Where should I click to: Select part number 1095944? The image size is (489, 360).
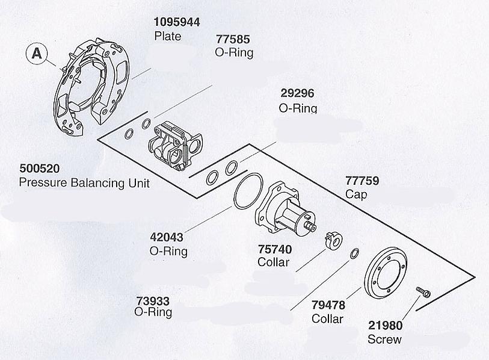[x=177, y=22]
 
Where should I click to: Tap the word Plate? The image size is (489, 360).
[x=168, y=36]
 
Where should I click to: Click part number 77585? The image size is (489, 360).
[x=234, y=40]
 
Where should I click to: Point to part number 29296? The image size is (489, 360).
[x=297, y=94]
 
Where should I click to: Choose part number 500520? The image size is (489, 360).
[x=40, y=169]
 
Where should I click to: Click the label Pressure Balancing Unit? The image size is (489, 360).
[x=84, y=182]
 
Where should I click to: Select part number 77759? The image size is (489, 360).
[x=363, y=181]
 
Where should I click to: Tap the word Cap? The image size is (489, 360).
[x=356, y=194]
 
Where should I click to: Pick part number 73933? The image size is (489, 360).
[x=153, y=300]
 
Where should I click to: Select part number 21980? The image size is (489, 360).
[x=385, y=326]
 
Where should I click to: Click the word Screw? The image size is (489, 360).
[x=384, y=340]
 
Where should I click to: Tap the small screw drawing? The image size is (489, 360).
[x=423, y=292]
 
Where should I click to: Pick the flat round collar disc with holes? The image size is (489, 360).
[x=386, y=273]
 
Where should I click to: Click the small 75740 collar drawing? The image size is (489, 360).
[x=333, y=239]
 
